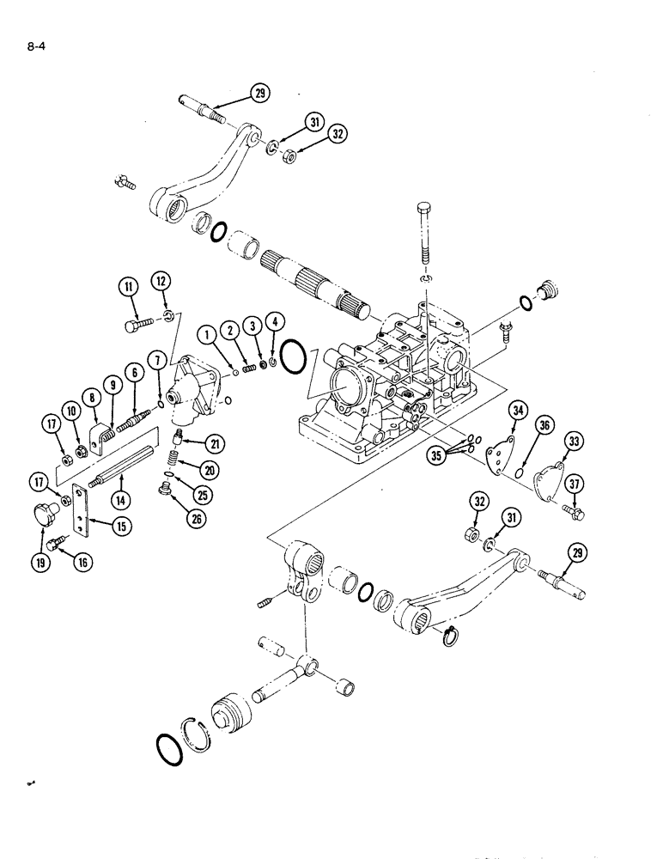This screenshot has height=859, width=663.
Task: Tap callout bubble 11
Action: [129, 289]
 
